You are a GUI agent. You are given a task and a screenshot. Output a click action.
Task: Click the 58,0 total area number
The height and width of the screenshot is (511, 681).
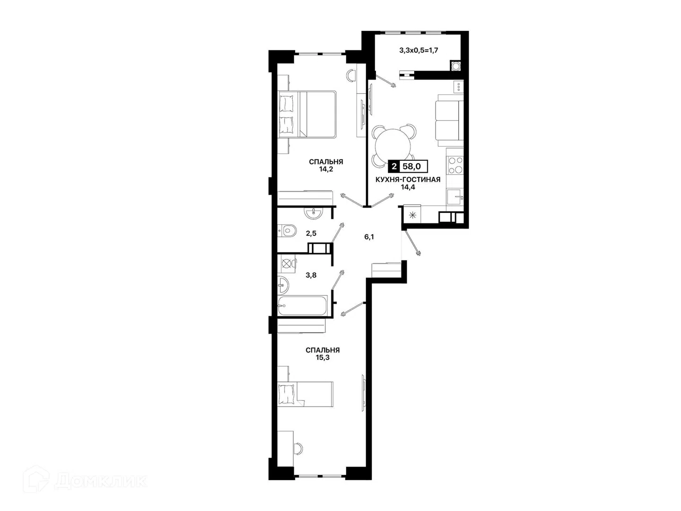411,167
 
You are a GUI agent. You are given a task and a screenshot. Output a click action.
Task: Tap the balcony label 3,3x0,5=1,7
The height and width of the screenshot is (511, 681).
419,50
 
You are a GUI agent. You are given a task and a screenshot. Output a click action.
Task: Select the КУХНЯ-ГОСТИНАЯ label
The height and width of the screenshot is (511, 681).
408,179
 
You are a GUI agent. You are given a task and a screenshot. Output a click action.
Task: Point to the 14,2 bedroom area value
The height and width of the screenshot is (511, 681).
326,169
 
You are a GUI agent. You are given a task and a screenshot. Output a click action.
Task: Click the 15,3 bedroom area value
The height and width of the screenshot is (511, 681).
323,357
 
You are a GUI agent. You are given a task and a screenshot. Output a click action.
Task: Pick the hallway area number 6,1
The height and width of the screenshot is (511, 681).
369,237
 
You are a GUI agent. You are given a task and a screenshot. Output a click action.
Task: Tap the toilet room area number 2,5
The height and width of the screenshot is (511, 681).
311,233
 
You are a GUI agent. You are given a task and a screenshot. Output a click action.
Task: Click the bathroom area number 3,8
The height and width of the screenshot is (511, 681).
311,275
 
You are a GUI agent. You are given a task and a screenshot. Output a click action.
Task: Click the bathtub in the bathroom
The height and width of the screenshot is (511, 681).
303,306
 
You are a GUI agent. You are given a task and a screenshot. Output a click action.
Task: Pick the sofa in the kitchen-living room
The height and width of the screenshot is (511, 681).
449,120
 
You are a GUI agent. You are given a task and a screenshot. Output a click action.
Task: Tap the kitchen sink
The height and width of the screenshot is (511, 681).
455,196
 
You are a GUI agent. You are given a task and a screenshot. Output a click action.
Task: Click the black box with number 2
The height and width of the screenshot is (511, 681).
394,167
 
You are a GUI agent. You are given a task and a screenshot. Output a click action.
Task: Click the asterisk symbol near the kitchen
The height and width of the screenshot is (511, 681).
413,215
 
